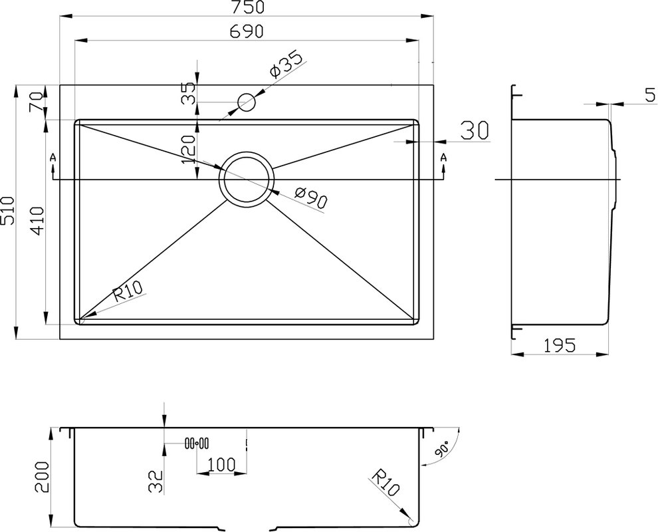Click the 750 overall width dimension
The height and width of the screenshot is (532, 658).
(x=247, y=7)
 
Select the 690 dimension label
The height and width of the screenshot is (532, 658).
(x=247, y=31)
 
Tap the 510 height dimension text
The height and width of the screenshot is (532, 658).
(x=9, y=212)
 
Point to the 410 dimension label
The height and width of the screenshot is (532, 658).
(x=37, y=221)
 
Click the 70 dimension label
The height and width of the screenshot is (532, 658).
(x=36, y=102)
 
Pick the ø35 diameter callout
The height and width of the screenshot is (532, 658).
(x=286, y=65)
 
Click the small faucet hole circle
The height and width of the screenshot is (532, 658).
(x=247, y=102)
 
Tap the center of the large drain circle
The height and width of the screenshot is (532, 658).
(x=247, y=180)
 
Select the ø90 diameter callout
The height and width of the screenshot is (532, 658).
(x=310, y=198)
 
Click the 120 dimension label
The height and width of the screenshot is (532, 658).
(x=188, y=150)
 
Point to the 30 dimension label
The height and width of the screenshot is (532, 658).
(x=475, y=130)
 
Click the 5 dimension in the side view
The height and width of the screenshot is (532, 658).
(x=649, y=95)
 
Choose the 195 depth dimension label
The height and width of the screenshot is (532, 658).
(x=560, y=346)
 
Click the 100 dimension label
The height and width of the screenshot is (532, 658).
(x=221, y=465)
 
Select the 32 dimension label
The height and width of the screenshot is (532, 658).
(x=156, y=481)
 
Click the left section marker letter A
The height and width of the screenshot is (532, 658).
(x=53, y=158)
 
